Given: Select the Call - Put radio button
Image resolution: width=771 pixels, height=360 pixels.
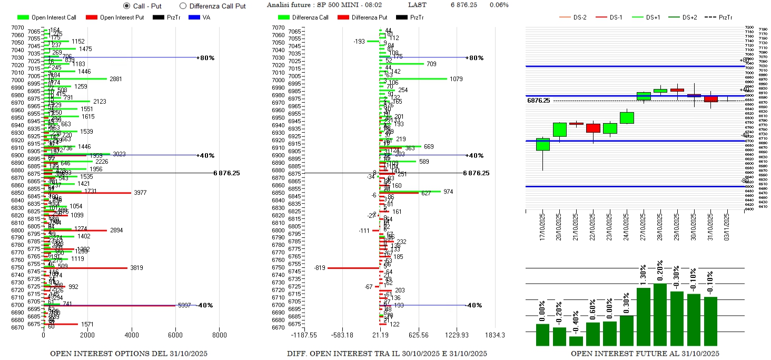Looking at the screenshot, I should tap(126, 6).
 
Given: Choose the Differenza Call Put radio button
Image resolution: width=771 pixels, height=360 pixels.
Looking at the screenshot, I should tap(183, 6).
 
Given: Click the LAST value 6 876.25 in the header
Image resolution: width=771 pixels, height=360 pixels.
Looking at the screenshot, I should tap(463, 5).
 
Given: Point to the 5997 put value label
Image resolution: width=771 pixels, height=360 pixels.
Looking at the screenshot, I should tap(184, 305).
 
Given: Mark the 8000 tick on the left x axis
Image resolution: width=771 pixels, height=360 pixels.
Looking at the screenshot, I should tap(219, 335).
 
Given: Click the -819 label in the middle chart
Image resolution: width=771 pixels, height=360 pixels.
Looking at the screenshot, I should tap(319, 267).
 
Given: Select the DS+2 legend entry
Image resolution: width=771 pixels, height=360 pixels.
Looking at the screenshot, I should tap(688, 17).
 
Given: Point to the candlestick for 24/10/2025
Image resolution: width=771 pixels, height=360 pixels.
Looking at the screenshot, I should tap(627, 118).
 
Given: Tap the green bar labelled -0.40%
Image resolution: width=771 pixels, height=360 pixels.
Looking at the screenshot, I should tap(576, 341).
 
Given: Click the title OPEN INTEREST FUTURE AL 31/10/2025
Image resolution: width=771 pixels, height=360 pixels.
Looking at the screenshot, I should tap(645, 354).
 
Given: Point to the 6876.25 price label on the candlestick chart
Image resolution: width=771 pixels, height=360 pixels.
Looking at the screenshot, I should tap(538, 100).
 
